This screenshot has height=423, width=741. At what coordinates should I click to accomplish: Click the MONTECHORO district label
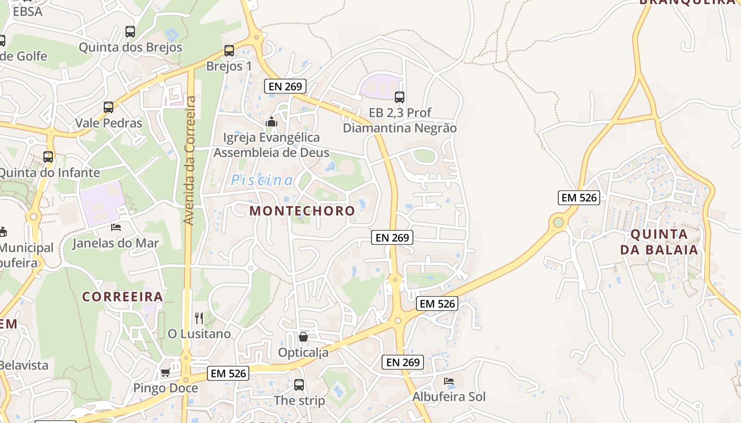[302, 210]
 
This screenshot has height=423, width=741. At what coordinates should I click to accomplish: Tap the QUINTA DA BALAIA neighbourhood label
[659, 242]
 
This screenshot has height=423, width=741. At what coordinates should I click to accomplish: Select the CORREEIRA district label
[122, 296]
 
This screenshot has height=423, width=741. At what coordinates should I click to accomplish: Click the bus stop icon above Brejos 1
[229, 51]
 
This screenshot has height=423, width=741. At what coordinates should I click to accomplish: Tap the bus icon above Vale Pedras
[109, 107]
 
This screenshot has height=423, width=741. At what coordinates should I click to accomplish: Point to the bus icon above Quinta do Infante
[48, 157]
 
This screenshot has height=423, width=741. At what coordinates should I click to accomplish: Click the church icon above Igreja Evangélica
[272, 122]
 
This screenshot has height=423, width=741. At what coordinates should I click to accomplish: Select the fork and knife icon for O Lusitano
[199, 318]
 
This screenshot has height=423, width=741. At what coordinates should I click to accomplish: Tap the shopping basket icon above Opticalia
[303, 337]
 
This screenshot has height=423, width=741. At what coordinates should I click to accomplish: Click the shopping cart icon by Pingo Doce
[165, 372]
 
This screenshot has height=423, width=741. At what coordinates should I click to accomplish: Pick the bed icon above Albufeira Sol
[449, 381]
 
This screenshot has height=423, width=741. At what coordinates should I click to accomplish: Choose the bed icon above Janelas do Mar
[116, 227]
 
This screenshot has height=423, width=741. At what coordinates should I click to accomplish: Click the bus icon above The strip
[299, 385]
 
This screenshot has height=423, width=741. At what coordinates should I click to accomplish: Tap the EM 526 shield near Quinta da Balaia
[579, 198]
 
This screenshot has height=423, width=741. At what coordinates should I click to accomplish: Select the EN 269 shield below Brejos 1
[285, 86]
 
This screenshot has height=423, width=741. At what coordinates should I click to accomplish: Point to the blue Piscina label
[261, 180]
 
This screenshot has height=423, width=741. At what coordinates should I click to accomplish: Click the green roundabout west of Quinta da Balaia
[558, 222]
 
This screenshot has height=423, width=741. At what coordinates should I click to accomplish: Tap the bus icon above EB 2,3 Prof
[400, 97]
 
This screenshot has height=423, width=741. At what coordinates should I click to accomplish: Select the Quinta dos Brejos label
[130, 47]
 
